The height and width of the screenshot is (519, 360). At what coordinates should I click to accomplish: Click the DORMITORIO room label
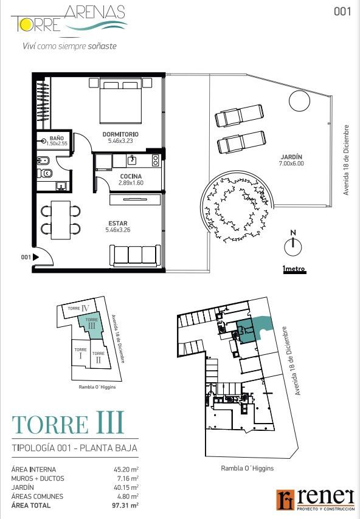tap(120, 134)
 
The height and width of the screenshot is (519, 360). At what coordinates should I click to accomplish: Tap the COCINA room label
tap(131, 176)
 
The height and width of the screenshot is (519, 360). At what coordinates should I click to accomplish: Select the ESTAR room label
tap(118, 224)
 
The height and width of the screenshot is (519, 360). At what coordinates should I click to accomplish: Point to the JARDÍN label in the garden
tap(291, 157)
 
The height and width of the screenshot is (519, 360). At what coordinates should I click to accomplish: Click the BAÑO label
tap(57, 138)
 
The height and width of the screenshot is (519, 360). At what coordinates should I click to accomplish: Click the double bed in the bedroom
tap(120, 101)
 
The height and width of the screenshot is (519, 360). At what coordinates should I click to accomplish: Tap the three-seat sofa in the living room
tap(135, 256)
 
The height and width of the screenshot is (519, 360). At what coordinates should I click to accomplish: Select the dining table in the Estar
tap(61, 220)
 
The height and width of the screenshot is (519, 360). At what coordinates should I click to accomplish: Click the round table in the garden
tap(299, 101)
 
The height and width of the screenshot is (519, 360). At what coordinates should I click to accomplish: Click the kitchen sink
tap(132, 160)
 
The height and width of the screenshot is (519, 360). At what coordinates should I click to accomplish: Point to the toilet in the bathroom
tap(45, 173)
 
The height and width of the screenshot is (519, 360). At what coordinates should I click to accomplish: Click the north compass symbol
tap(293, 244)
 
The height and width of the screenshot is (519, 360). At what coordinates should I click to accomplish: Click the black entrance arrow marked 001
tap(36, 257)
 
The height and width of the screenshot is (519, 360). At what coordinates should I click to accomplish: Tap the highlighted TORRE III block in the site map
tap(91, 326)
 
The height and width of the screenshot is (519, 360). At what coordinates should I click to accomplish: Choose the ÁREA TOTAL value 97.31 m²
tap(125, 505)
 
